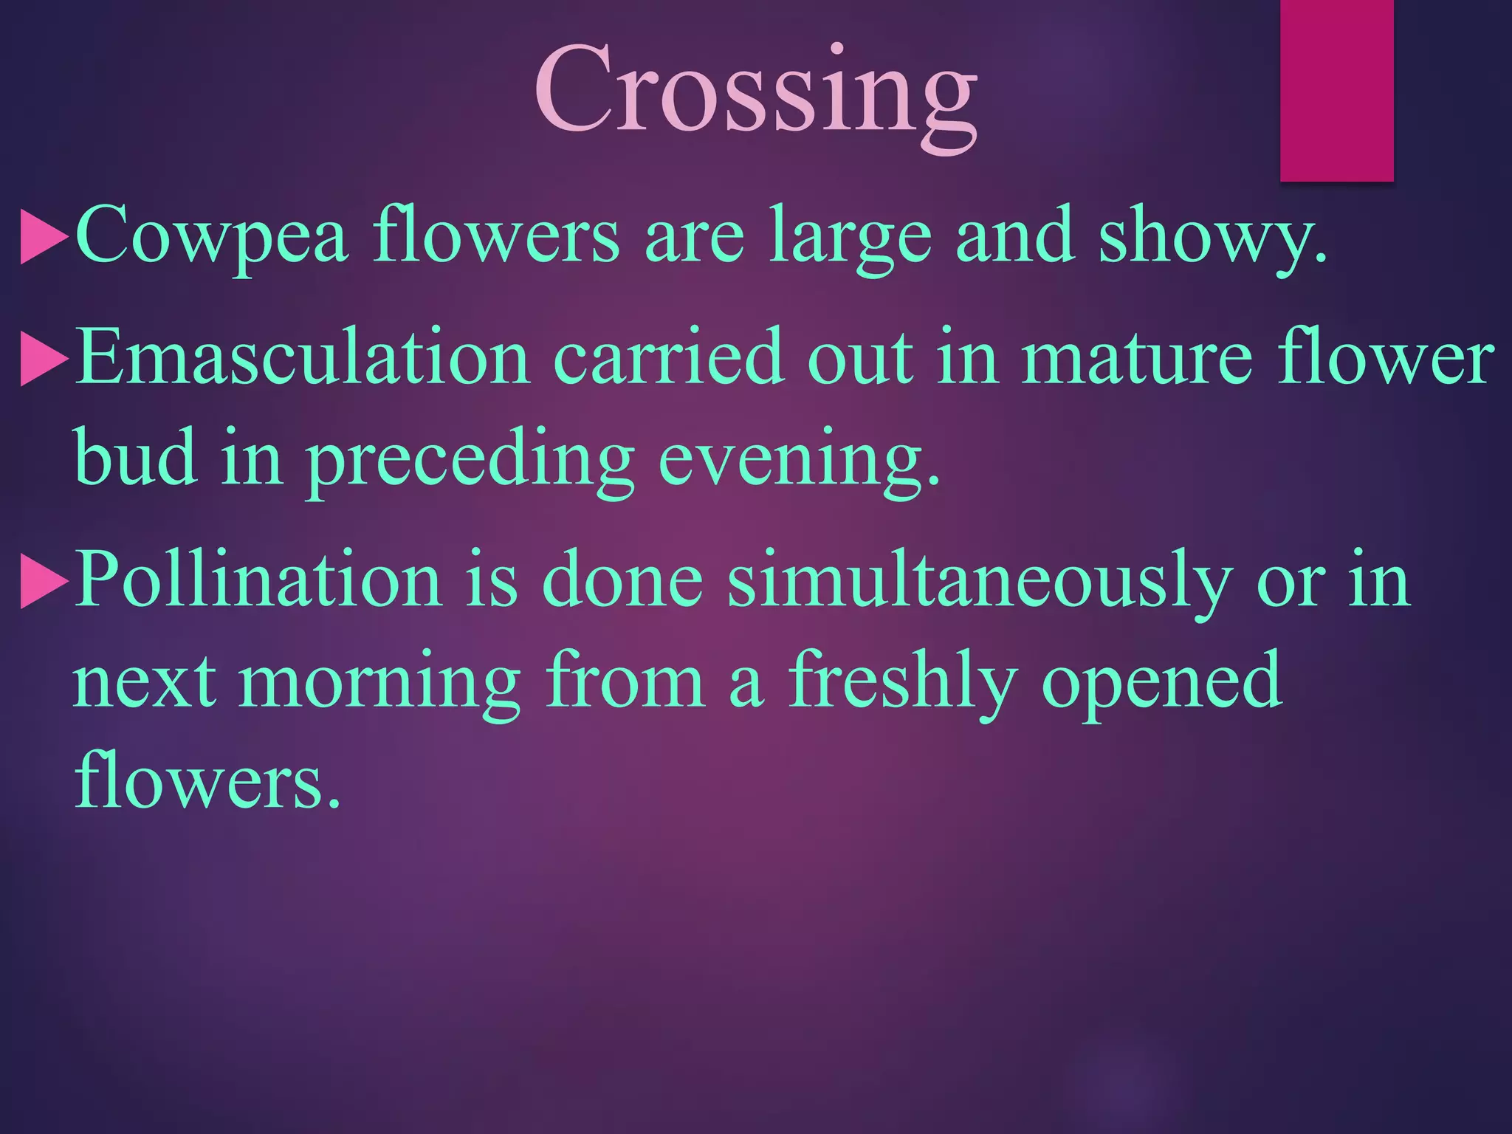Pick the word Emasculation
(x=303, y=358)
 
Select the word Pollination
(x=258, y=580)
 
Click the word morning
(x=379, y=683)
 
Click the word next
(x=145, y=683)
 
